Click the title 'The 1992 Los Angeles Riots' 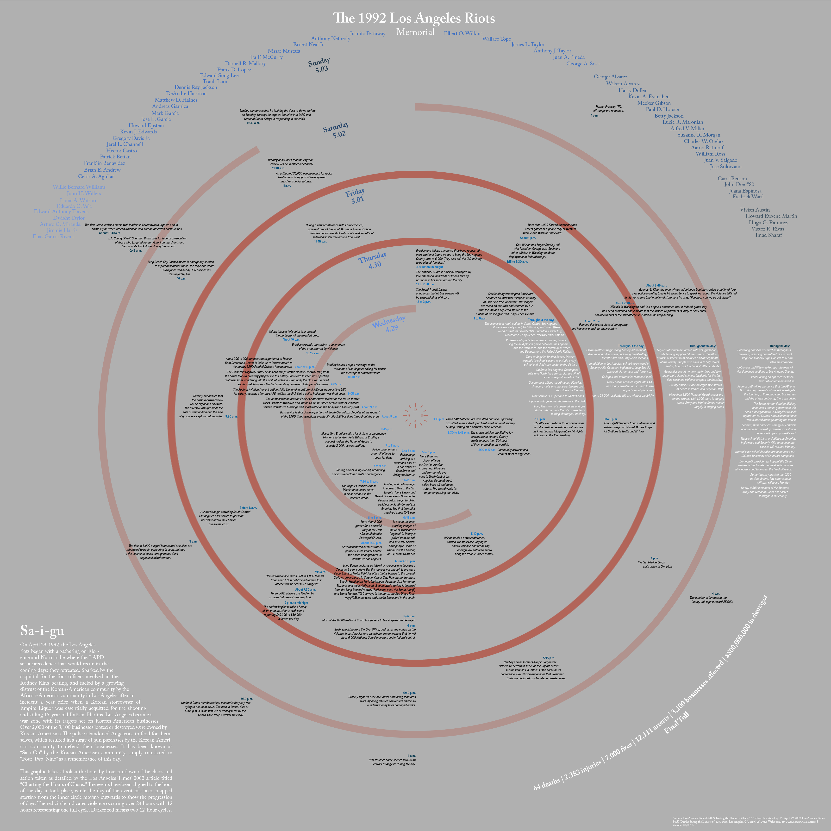414,18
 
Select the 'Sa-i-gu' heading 42,631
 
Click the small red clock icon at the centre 415,415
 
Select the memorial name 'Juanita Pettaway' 367,34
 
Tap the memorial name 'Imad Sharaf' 769,235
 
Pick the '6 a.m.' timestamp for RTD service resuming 411,756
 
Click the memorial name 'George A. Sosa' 583,64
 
